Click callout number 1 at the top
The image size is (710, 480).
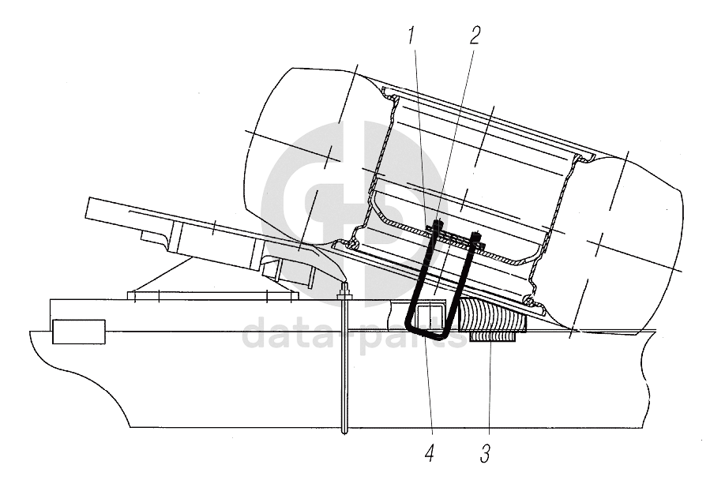[x=411, y=36]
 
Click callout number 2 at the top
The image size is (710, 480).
[x=474, y=36]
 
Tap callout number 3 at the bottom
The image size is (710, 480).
[x=485, y=453]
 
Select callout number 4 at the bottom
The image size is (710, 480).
[x=430, y=453]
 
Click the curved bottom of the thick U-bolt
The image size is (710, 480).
[x=426, y=336]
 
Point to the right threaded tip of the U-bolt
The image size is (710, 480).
[x=476, y=234]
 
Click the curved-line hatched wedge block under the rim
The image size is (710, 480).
[x=493, y=315]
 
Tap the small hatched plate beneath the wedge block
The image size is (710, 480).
[x=494, y=337]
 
